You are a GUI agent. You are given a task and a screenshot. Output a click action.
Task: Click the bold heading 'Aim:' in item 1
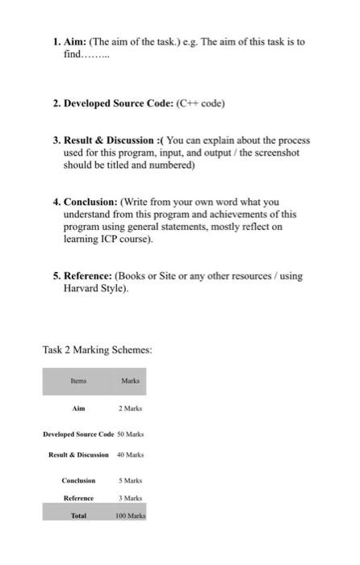coord(75,40)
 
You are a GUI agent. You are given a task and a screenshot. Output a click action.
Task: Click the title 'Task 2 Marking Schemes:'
coord(97,349)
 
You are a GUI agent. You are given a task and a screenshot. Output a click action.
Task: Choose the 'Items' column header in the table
coord(78,381)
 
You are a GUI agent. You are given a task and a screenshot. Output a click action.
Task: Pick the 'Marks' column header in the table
coord(130,381)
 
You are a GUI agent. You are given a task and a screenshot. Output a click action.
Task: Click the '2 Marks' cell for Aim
coord(131,409)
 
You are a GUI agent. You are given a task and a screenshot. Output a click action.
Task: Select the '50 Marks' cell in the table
coord(131,435)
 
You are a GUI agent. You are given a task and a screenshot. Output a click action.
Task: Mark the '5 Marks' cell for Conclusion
coord(131,480)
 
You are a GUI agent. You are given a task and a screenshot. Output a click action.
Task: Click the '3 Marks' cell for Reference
coord(131,498)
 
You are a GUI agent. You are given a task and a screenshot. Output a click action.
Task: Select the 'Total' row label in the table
coord(78,514)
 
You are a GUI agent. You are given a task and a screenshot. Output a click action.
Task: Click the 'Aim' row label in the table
coord(78,409)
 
